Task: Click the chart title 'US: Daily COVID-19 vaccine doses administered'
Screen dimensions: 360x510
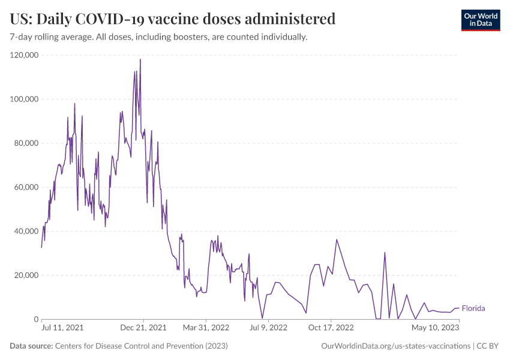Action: (x=173, y=19)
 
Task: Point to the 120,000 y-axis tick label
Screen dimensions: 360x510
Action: (x=25, y=55)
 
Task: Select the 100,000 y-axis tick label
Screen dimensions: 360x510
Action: (x=25, y=99)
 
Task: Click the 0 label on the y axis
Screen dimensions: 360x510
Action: (x=36, y=319)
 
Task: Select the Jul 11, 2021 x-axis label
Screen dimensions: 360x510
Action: (x=62, y=328)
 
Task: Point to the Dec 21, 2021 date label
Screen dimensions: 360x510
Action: (x=144, y=328)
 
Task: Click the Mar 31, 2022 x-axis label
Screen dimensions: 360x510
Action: (x=206, y=328)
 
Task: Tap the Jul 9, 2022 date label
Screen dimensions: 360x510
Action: (x=269, y=328)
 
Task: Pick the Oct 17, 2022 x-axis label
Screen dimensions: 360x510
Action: (x=331, y=328)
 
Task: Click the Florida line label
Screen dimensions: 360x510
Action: (x=473, y=308)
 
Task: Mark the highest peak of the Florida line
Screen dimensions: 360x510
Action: (x=140, y=59)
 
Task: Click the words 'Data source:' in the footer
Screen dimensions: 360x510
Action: (x=31, y=346)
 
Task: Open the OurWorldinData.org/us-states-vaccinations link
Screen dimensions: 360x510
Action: (x=396, y=346)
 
